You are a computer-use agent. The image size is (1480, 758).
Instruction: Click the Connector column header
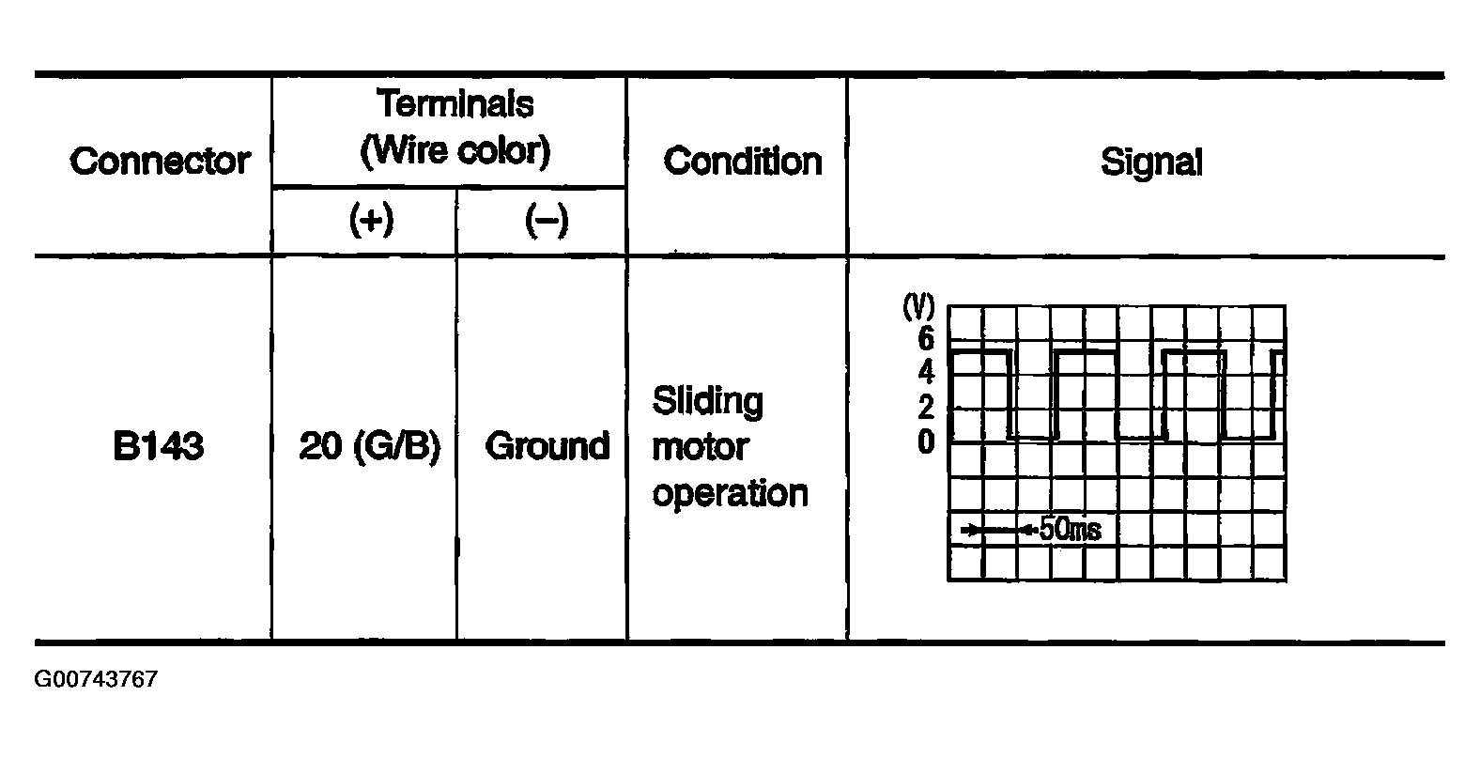pyautogui.click(x=160, y=162)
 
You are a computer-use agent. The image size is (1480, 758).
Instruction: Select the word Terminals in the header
pyautogui.click(x=455, y=103)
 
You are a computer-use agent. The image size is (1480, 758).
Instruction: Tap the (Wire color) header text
pyautogui.click(x=455, y=150)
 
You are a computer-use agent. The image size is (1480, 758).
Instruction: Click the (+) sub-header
pyautogui.click(x=371, y=220)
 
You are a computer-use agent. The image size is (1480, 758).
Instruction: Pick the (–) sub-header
pyautogui.click(x=547, y=220)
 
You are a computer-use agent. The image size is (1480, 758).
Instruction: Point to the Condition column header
pyautogui.click(x=743, y=162)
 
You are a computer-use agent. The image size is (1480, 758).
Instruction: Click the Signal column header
pyautogui.click(x=1151, y=162)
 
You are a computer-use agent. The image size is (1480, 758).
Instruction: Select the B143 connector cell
pyautogui.click(x=159, y=446)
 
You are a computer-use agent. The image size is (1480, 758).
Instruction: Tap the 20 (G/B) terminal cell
pyautogui.click(x=369, y=447)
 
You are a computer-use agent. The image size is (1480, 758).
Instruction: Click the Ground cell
pyautogui.click(x=547, y=446)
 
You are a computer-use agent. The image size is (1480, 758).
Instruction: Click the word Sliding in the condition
pyautogui.click(x=708, y=402)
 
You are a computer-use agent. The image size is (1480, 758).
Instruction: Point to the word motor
pyautogui.click(x=701, y=447)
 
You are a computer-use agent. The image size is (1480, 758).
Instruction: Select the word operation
pyautogui.click(x=730, y=494)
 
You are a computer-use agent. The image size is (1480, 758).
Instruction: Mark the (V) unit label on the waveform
pyautogui.click(x=919, y=306)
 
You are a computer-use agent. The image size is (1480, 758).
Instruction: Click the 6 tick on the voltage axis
pyautogui.click(x=926, y=338)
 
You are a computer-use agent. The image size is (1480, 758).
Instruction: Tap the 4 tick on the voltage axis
pyautogui.click(x=926, y=372)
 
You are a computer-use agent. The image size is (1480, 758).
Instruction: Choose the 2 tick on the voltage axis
pyautogui.click(x=926, y=407)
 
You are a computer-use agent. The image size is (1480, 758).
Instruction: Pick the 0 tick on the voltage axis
pyautogui.click(x=926, y=441)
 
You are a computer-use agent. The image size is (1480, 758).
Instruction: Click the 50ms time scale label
pyautogui.click(x=1071, y=529)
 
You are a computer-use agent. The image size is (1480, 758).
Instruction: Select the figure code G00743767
pyautogui.click(x=97, y=679)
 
